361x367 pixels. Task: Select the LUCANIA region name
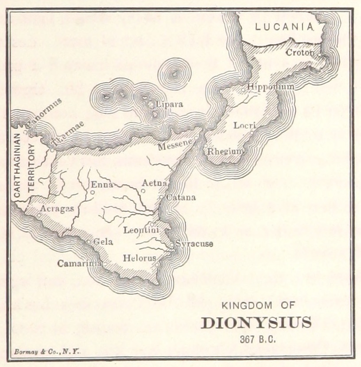tap(284, 27)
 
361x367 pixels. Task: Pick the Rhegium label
tap(226, 151)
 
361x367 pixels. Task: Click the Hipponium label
tap(270, 87)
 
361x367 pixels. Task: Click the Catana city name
tap(180, 197)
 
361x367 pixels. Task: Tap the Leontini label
tap(141, 230)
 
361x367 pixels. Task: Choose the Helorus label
tap(139, 257)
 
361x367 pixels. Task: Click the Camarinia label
tap(79, 263)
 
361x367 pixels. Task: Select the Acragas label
tap(56, 208)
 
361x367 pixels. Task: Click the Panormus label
tap(44, 110)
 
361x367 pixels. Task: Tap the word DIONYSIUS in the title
tap(256, 323)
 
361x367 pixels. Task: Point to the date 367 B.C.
tap(256, 340)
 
